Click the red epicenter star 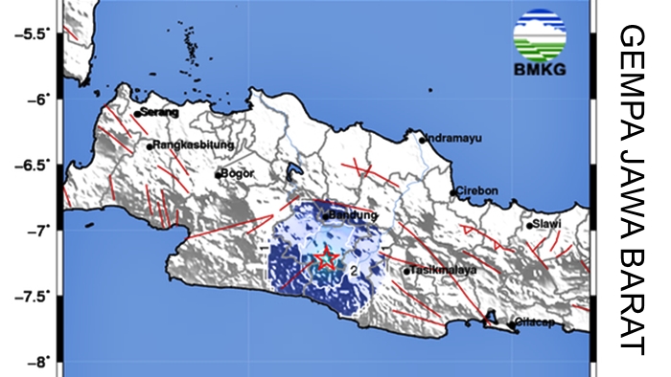click(x=326, y=258)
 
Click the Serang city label click(x=160, y=112)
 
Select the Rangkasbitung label click(x=182, y=145)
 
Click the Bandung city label click(x=347, y=215)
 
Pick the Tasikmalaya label click(x=445, y=270)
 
